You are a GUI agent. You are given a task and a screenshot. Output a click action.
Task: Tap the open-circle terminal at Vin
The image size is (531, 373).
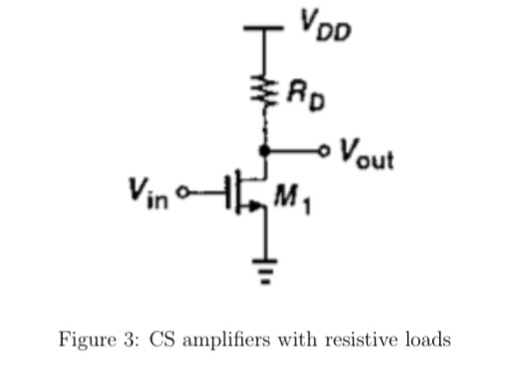180,188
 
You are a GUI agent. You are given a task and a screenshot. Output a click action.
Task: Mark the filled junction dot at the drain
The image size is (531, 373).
265,152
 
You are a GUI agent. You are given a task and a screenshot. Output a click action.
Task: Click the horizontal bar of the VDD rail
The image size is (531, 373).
265,32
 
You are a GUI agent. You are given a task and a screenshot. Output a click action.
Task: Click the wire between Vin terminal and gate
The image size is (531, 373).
205,188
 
